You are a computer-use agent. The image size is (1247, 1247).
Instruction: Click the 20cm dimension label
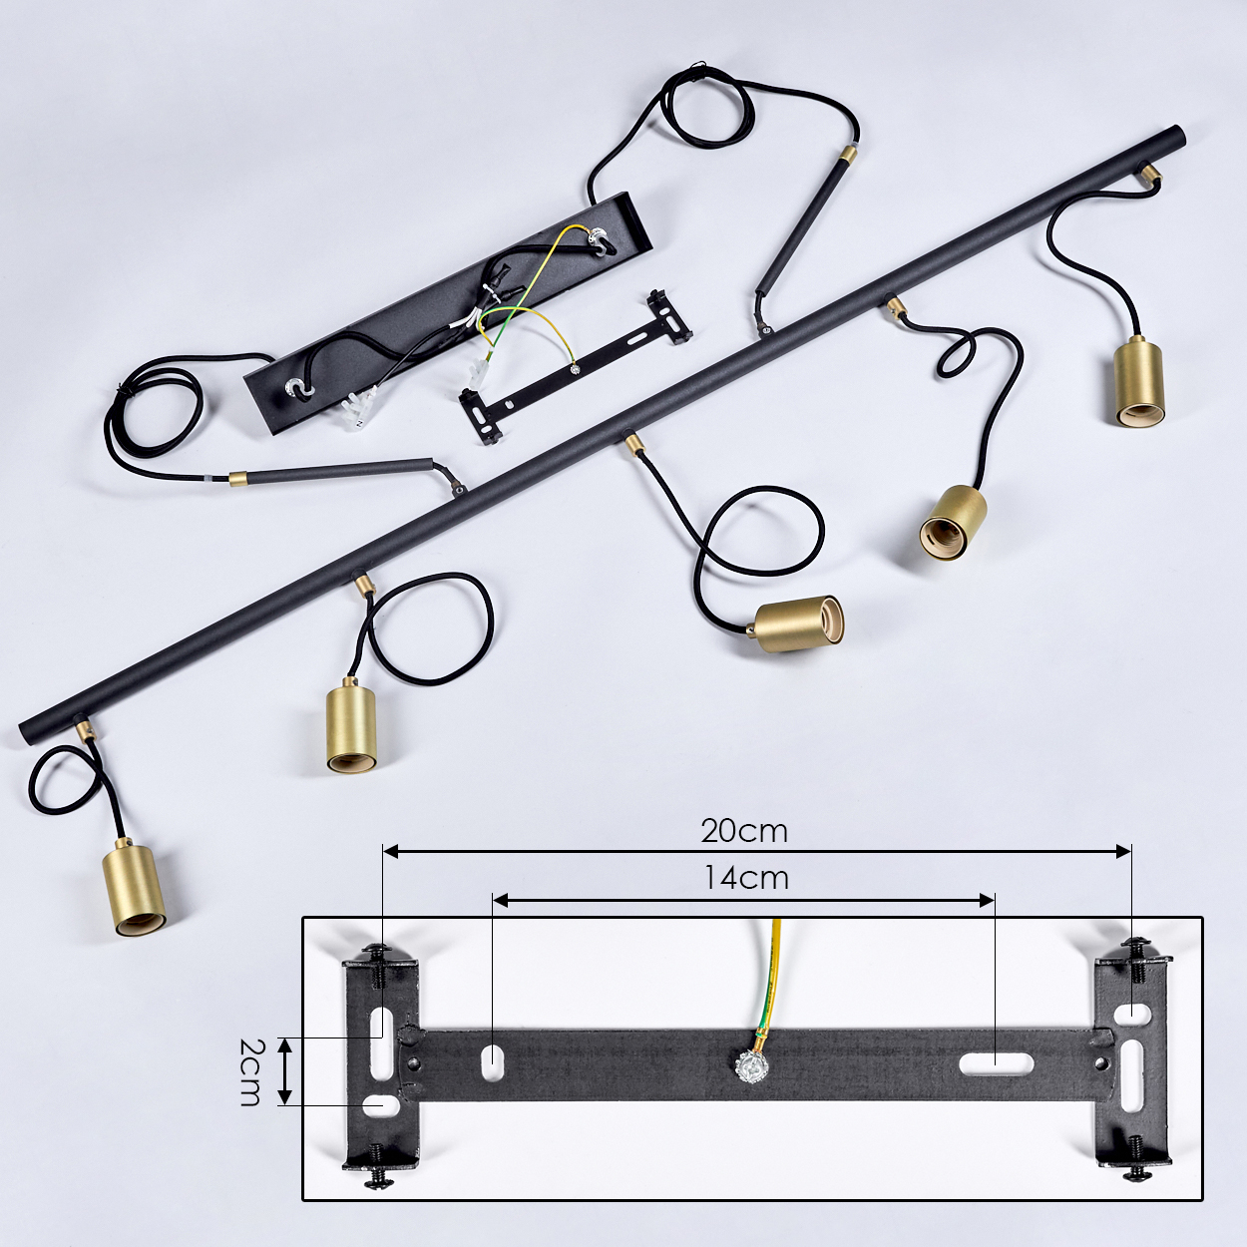(744, 832)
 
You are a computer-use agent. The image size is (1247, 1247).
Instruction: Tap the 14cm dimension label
(745, 878)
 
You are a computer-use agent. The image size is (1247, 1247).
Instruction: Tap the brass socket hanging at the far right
(1138, 382)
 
